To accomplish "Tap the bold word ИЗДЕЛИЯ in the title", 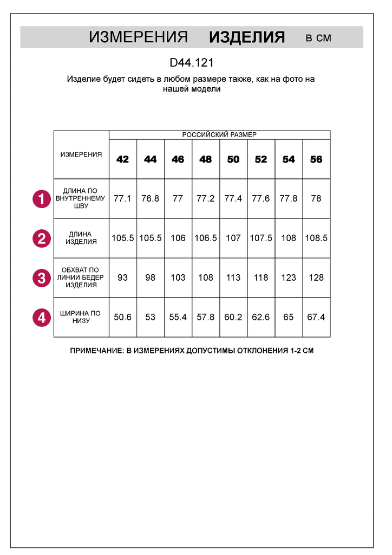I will click(x=247, y=37).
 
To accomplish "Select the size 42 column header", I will click(x=123, y=159).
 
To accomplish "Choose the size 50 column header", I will click(x=233, y=159).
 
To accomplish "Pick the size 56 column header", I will click(x=316, y=159).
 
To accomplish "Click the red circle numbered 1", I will click(x=41, y=198).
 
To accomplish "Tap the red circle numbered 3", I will click(x=41, y=278).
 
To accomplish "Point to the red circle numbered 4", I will click(x=41, y=317).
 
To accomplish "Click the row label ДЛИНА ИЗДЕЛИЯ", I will click(x=81, y=238).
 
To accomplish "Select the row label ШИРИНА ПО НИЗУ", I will click(x=81, y=317).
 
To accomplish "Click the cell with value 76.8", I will click(x=150, y=199).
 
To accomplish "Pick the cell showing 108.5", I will click(x=316, y=238).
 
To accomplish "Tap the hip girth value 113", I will click(x=233, y=277).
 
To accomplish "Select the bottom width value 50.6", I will click(x=122, y=317).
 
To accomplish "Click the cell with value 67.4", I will click(x=316, y=317).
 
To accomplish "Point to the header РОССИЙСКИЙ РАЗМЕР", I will click(x=219, y=134).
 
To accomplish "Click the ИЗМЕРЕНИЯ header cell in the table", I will click(x=81, y=154).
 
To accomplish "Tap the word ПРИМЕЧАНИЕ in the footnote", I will click(x=96, y=351).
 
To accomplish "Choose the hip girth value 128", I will click(x=316, y=277).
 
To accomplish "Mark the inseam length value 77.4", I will click(x=233, y=199).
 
